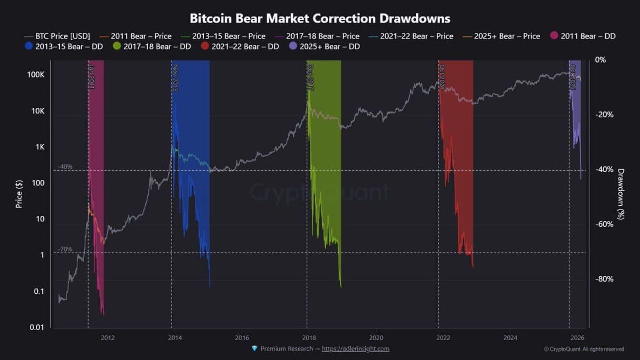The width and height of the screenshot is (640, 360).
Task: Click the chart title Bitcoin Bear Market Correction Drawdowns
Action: coord(320,19)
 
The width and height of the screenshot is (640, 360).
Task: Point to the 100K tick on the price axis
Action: coord(36,74)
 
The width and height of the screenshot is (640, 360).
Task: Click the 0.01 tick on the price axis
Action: coord(36,327)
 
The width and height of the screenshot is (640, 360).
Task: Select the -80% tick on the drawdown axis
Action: coord(605,279)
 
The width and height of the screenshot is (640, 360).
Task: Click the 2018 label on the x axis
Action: coord(309,338)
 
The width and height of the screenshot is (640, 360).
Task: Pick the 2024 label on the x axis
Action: coord(510,338)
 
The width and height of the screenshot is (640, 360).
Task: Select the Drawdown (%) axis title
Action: coord(621,194)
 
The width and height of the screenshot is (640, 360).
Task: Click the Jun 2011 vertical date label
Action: coord(92,77)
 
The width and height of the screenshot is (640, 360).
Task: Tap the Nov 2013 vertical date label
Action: coord(175,77)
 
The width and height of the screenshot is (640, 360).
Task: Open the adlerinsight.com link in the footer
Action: coord(355,349)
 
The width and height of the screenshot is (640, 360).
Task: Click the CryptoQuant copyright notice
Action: coord(584,349)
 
